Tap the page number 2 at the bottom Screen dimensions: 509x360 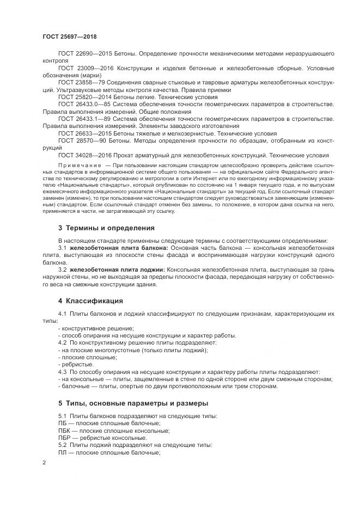(44, 463)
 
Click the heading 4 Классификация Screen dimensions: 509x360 (90, 301)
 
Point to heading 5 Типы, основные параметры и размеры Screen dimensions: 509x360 (127, 403)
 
